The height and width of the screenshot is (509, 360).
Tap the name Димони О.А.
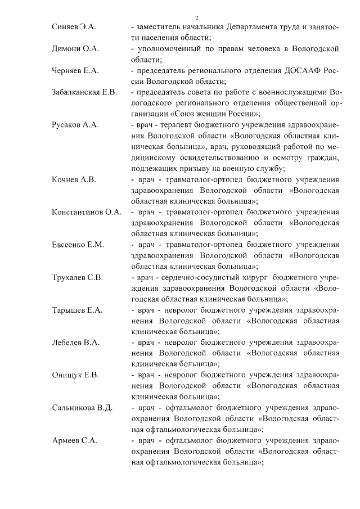pos(75,49)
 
